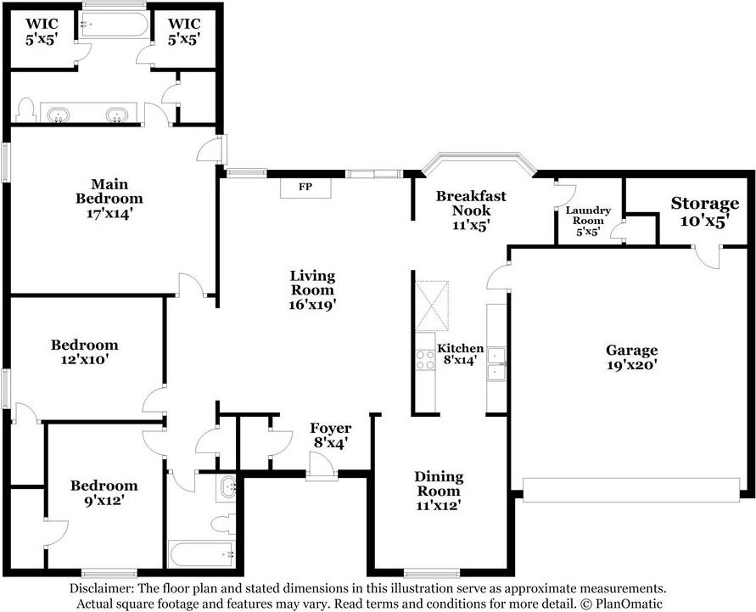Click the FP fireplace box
[305, 188]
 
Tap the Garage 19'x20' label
[631, 357]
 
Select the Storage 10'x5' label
[704, 212]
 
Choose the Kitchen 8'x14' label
[461, 354]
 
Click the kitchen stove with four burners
[425, 360]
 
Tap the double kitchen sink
[496, 363]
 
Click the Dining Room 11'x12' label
[439, 491]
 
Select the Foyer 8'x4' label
[330, 435]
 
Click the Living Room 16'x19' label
[312, 290]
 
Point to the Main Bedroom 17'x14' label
[109, 199]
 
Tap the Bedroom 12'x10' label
[84, 352]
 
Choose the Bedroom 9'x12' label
[104, 493]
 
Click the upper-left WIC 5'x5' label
[42, 31]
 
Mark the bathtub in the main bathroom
[114, 25]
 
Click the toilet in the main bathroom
[25, 110]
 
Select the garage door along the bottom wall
[631, 490]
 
